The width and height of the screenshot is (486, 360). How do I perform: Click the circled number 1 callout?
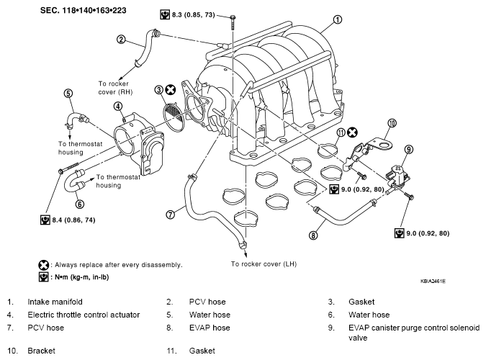point(337,19)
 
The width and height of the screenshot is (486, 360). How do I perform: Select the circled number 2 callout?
point(121,40)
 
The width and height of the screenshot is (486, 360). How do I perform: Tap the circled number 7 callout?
point(170,215)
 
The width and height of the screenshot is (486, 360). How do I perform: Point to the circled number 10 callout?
point(392,123)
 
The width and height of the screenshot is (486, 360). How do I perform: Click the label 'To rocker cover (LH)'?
point(264,264)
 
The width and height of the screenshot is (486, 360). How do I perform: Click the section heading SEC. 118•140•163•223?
point(83,10)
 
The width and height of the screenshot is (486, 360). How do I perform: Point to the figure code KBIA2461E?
point(433,282)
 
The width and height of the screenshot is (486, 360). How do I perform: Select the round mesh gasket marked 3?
point(174,114)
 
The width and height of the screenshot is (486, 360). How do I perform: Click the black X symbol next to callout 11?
point(352,132)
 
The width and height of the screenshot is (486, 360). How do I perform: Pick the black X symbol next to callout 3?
point(170,89)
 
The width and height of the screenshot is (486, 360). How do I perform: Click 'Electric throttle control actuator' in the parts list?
point(84,315)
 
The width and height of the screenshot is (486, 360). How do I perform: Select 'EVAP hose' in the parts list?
point(210,328)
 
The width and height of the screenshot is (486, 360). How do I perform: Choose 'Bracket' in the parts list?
point(41,351)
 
